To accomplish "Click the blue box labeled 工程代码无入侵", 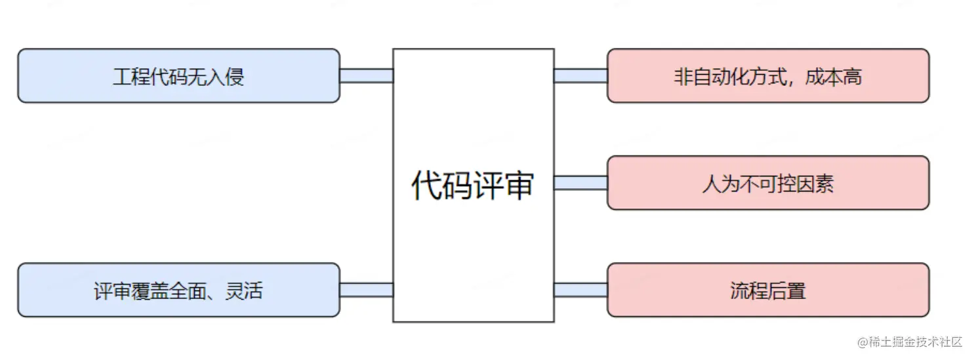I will click(x=178, y=76).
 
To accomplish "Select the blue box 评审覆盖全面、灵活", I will click(x=178, y=290).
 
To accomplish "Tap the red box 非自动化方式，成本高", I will click(x=767, y=76).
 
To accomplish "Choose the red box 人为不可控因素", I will click(x=767, y=183).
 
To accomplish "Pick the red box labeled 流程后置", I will click(x=767, y=290).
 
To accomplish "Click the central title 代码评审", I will click(x=473, y=186).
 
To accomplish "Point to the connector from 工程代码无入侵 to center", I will click(x=366, y=76).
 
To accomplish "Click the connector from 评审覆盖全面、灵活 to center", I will click(x=366, y=290).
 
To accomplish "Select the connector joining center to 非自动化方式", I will click(x=580, y=76).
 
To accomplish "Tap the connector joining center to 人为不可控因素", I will click(x=580, y=183).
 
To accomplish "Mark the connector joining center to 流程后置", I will click(x=580, y=290).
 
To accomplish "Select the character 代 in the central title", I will click(x=426, y=186).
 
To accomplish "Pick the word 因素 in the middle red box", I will click(x=817, y=184).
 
